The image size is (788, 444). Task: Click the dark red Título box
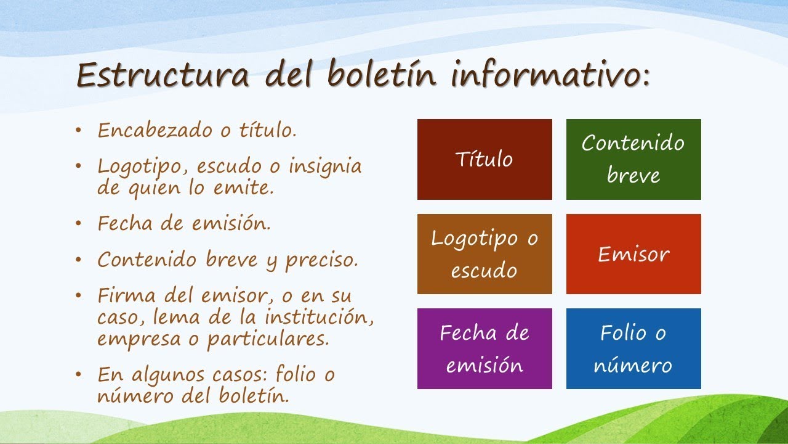pos(484,159)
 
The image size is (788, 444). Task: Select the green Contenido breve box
pos(633,159)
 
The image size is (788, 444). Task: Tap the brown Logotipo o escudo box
pos(484,254)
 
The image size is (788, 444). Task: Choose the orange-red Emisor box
pos(633,254)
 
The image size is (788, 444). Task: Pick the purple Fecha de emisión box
pos(484,348)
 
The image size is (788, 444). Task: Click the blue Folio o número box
pos(633,348)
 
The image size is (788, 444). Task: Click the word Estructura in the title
pos(163,76)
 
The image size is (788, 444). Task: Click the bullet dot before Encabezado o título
pos(78,131)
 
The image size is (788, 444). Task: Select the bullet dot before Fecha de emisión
pos(78,224)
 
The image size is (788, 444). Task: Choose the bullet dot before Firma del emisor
pos(78,295)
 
